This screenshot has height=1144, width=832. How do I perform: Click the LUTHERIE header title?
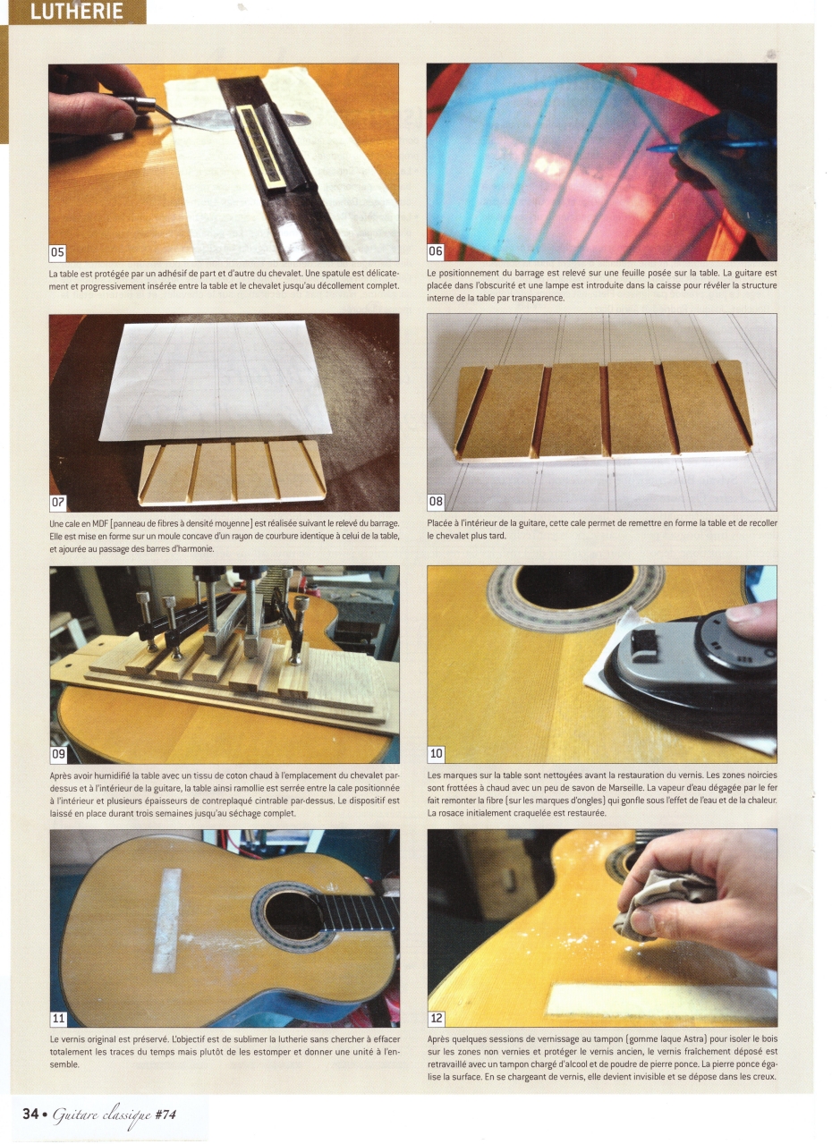(x=77, y=12)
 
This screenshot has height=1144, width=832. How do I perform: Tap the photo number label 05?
(x=57, y=251)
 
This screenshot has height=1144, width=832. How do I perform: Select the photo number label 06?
(x=435, y=250)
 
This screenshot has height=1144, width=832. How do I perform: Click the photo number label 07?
(x=58, y=502)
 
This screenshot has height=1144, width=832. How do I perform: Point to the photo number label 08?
(x=436, y=501)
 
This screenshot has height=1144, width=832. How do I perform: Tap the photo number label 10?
(x=437, y=753)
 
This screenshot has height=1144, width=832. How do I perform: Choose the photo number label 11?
(x=58, y=1004)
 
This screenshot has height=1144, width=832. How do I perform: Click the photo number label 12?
(x=437, y=1004)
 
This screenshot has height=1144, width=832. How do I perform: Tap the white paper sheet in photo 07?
(x=215, y=380)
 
